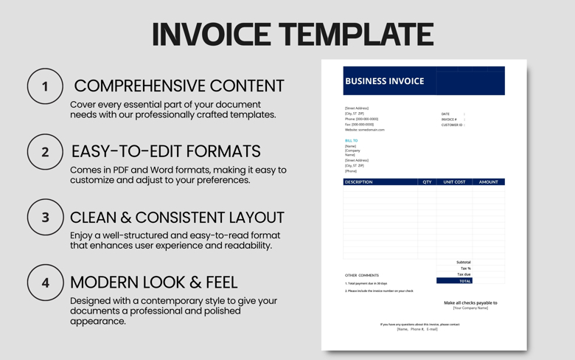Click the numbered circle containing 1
(x=45, y=86)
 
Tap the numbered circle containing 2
(x=45, y=152)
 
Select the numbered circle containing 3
(x=45, y=218)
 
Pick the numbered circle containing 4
(x=45, y=283)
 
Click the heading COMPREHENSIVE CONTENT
(x=178, y=86)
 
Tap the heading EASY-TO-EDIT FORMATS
(x=166, y=151)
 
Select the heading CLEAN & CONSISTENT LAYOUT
(x=177, y=218)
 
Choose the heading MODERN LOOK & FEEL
(x=153, y=282)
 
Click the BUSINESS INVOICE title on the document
(x=384, y=81)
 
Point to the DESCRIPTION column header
(x=359, y=181)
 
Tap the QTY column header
(x=427, y=181)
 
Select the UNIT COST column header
(x=454, y=181)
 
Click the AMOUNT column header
(x=488, y=181)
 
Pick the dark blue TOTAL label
(x=464, y=281)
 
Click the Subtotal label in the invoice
(x=463, y=262)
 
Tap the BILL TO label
(x=351, y=140)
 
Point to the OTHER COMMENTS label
(x=362, y=275)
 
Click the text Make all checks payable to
(x=470, y=302)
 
